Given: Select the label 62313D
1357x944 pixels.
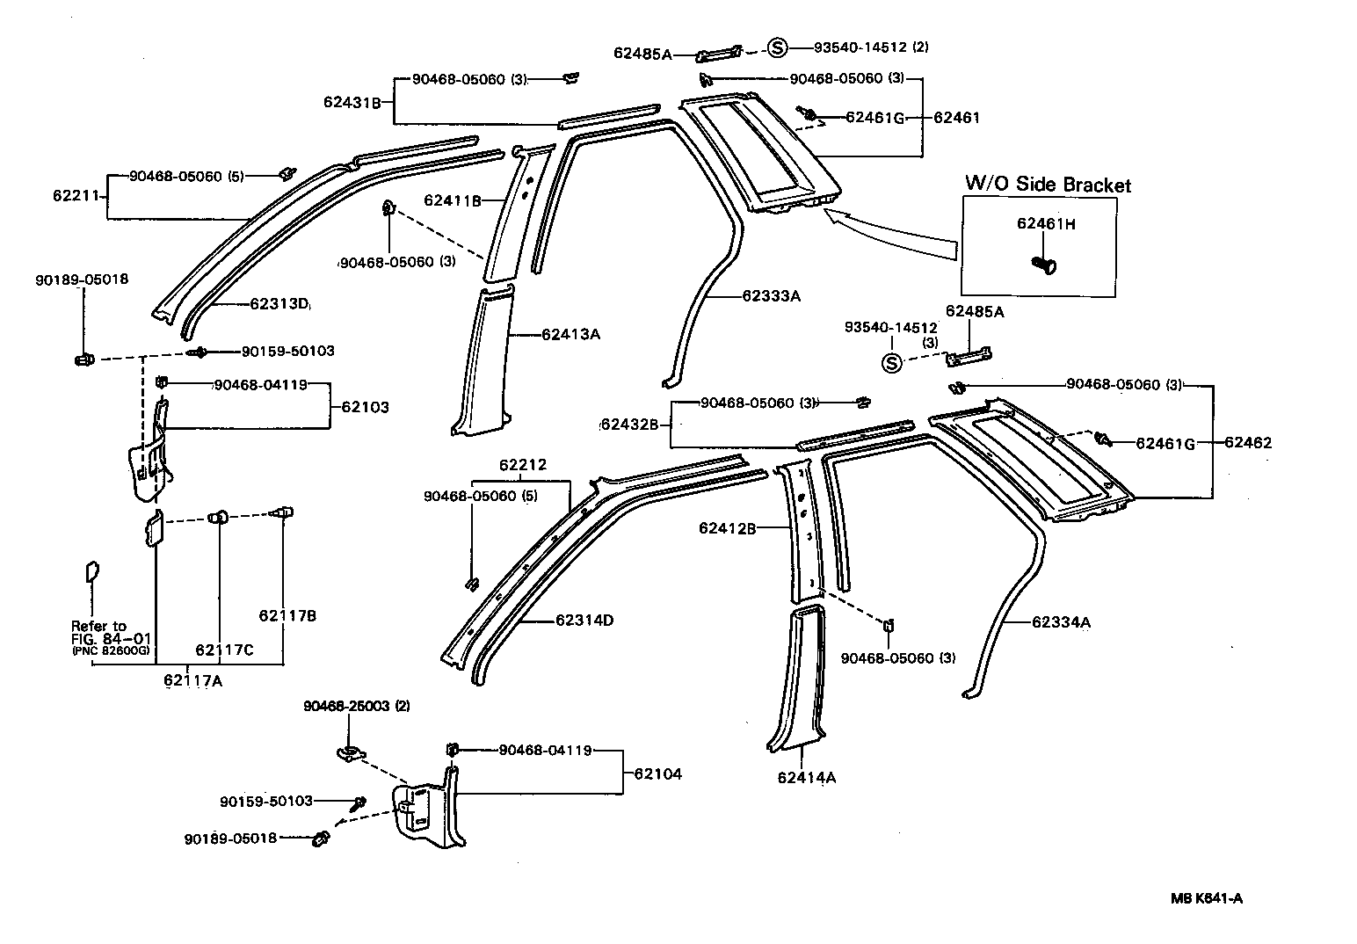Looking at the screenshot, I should pos(279,304).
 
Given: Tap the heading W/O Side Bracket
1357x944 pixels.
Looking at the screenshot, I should pos(1048,185).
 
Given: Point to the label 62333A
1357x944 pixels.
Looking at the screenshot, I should pos(771,296).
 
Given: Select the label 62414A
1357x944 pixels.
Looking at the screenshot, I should pos(806,777).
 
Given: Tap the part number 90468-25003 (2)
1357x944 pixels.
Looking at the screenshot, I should pos(357,706).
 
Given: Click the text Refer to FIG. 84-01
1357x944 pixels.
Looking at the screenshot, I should pos(100,632).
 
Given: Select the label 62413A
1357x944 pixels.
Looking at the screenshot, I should pos(570,334).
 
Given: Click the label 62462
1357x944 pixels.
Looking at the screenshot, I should pos(1247,443).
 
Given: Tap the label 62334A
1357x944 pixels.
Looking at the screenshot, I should pos(1061,622).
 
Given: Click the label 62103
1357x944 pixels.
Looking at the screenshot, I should pos(365,408).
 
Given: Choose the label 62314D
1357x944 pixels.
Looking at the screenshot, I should pos(584,621).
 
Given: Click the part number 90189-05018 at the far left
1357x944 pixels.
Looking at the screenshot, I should pos(82,280).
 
